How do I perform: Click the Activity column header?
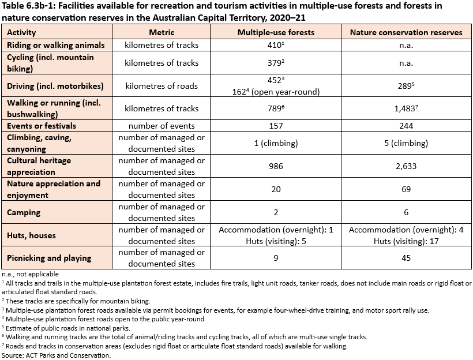pos(21,32)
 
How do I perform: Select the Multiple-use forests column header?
pos(276,32)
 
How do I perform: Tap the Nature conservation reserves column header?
pos(406,32)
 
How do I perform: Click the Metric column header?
pos(162,32)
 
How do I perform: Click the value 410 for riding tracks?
pos(275,45)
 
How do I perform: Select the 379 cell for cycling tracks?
pos(275,63)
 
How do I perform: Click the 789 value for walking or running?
pos(275,108)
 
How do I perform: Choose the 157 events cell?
pos(276,126)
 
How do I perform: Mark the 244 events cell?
pos(406,126)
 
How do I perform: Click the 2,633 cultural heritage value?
pos(406,166)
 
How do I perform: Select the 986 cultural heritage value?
pos(276,166)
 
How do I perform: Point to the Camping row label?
pos(24,212)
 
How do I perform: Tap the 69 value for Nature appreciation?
pos(406,189)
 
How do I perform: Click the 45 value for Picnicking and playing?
pos(406,258)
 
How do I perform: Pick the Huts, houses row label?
pos(31,235)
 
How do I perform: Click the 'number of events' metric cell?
pos(162,126)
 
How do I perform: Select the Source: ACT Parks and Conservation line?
pos(56,355)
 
